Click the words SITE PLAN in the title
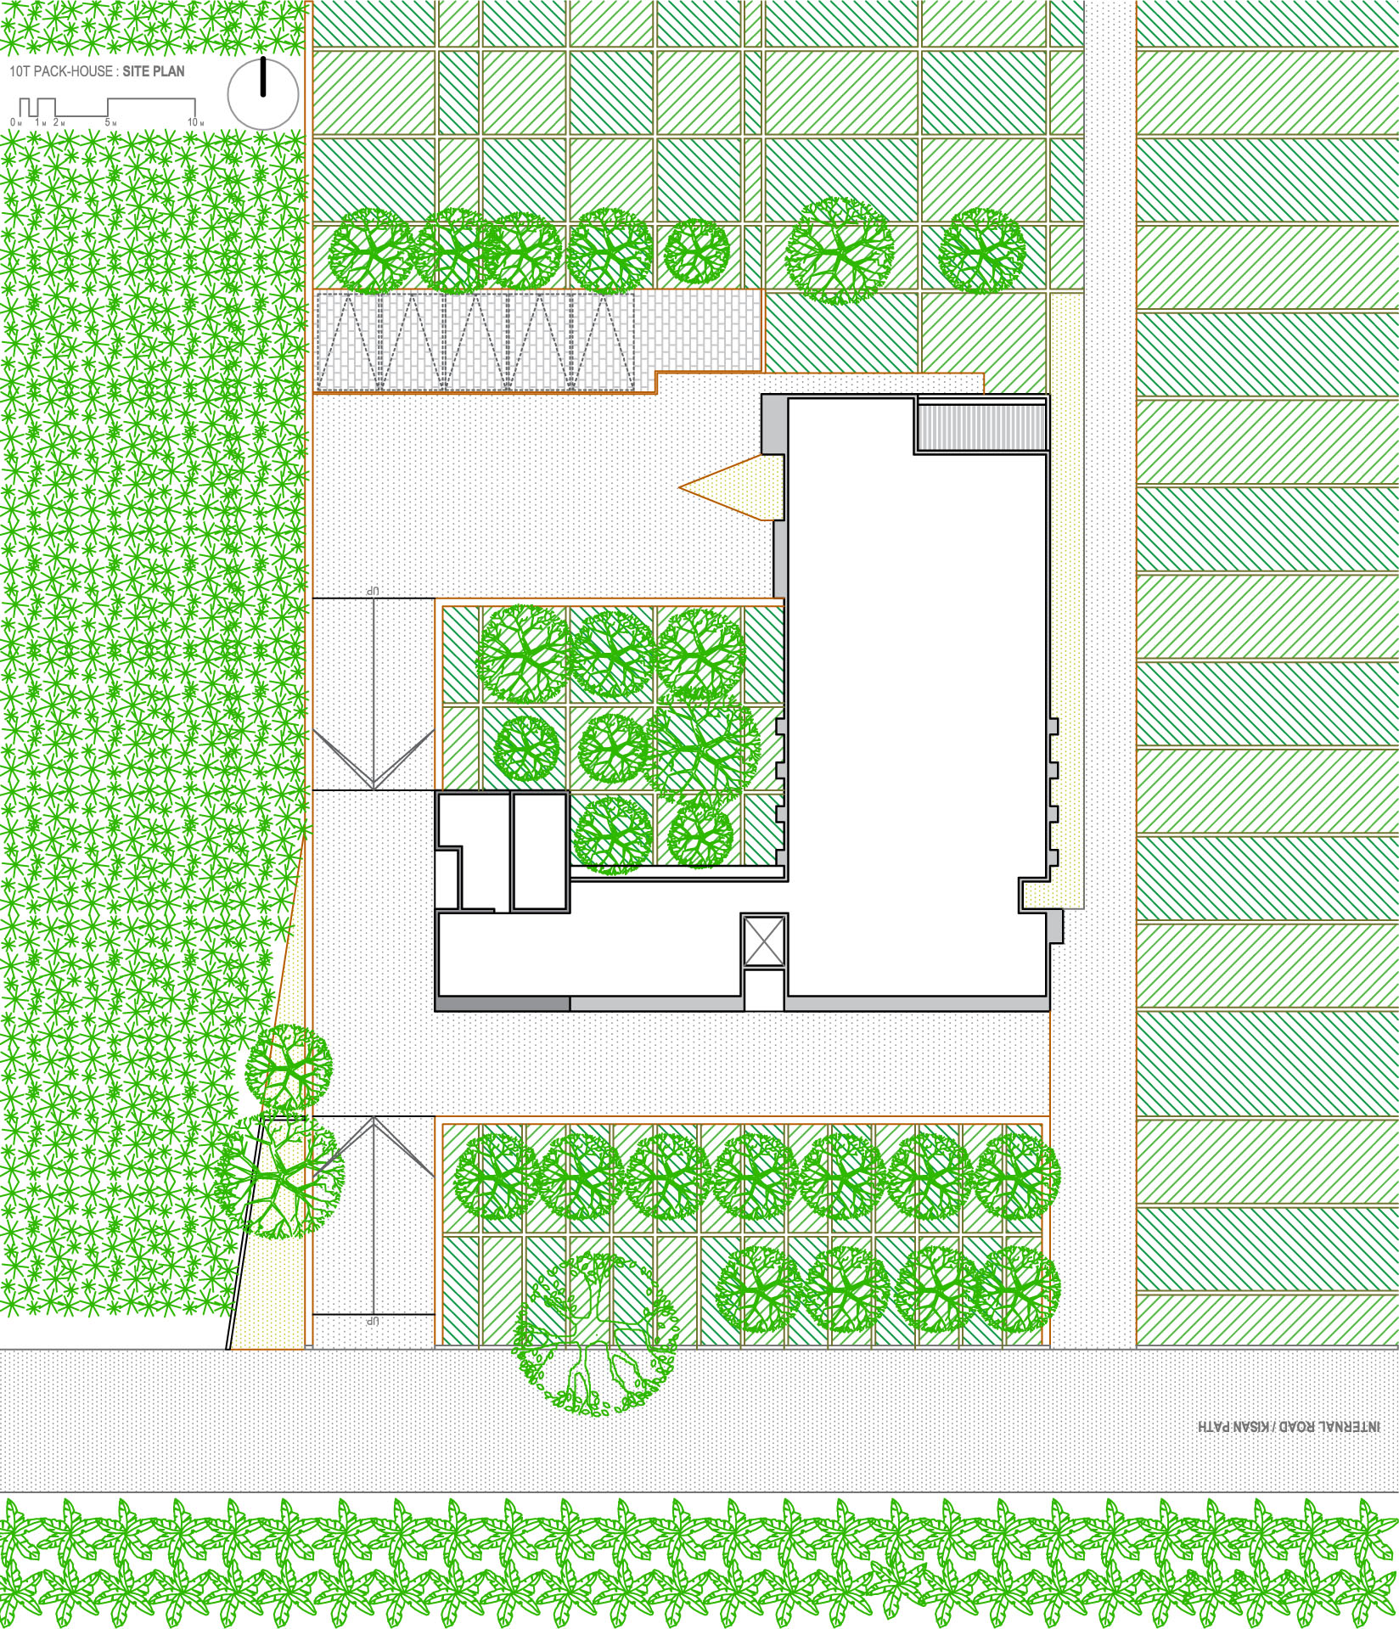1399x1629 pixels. (153, 72)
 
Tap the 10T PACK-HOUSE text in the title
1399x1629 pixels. (61, 72)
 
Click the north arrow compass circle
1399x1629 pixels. (263, 94)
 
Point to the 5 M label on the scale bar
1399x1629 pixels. (110, 123)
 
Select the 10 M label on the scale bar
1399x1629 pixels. (195, 123)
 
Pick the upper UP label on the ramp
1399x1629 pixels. (371, 590)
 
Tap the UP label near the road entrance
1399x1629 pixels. (371, 1321)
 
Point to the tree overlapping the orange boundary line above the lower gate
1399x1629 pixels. (289, 1067)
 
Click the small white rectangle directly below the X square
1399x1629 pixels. (764, 990)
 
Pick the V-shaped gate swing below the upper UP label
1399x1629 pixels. (372, 756)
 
